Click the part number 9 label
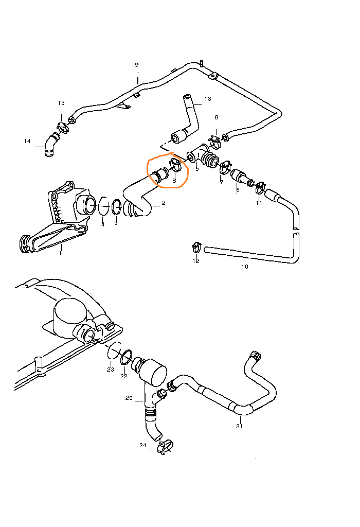click(x=137, y=65)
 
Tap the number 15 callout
click(x=61, y=103)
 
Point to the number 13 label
click(x=208, y=98)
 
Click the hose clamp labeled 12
click(x=196, y=247)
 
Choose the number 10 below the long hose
click(x=245, y=267)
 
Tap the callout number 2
click(x=164, y=203)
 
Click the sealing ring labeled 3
click(x=116, y=206)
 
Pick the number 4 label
click(x=102, y=224)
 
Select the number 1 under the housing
click(x=60, y=253)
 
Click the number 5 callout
click(x=197, y=169)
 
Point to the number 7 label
click(x=222, y=182)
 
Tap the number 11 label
click(x=259, y=203)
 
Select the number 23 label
click(x=110, y=370)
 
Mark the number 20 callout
click(x=129, y=398)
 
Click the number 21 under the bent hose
click(x=239, y=426)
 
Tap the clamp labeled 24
click(x=165, y=447)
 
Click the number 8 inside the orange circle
click(x=174, y=181)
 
